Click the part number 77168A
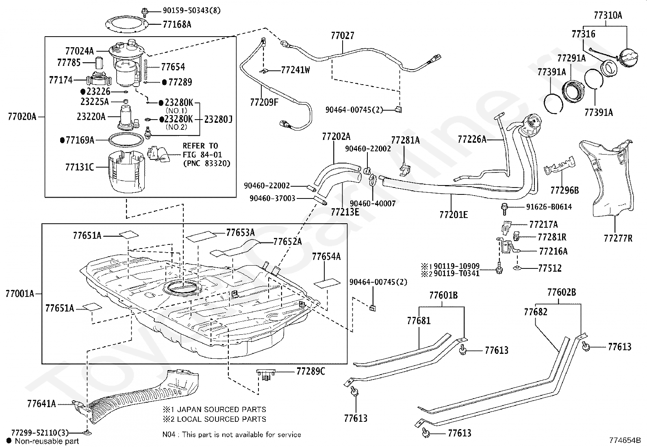point(177,24)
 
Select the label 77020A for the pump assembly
point(22,116)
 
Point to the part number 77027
point(343,35)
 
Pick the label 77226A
point(472,140)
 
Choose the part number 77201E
point(454,214)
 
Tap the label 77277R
point(618,238)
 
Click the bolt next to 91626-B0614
point(504,209)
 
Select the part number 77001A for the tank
point(20,294)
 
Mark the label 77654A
point(326,257)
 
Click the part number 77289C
point(311,371)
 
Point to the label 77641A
point(41,403)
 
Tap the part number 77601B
point(443,295)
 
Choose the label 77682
point(536,312)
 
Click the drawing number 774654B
point(625,440)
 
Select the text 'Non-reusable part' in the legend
point(47,441)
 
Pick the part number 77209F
point(264,102)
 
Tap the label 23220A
point(91,116)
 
